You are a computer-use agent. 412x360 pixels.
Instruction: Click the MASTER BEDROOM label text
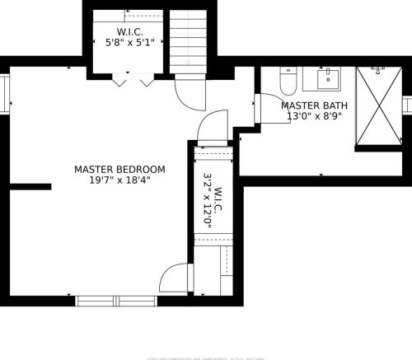coord(119,169)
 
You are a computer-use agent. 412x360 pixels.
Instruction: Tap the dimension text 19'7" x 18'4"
coord(119,180)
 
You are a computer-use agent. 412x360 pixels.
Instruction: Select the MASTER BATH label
coord(314,105)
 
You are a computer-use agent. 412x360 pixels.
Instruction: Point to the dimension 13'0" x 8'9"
coord(314,117)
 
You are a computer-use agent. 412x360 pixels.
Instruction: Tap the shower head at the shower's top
coord(377,70)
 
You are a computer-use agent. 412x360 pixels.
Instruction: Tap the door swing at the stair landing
coord(191,95)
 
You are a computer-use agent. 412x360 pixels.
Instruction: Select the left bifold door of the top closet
coord(119,81)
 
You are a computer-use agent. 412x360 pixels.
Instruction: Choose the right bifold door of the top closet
coord(147,81)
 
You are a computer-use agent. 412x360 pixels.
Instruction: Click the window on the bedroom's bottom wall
coord(115,301)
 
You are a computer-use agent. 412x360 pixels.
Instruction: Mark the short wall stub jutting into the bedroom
coord(30,187)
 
